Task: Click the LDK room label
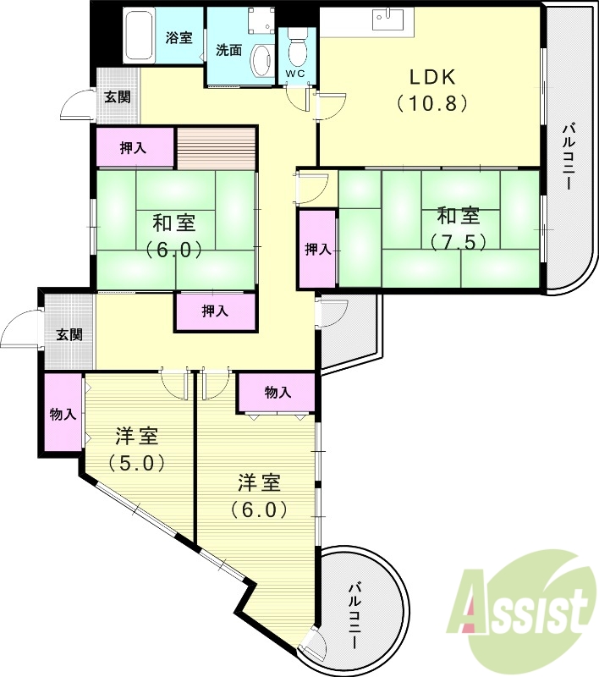click(x=433, y=77)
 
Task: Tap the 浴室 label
click(x=179, y=37)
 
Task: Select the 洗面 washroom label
click(x=228, y=50)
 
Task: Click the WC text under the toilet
click(x=295, y=74)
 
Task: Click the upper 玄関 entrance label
click(x=118, y=96)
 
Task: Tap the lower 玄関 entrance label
click(x=69, y=334)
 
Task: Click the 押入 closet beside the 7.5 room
click(x=317, y=249)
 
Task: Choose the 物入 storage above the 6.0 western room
click(x=278, y=392)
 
